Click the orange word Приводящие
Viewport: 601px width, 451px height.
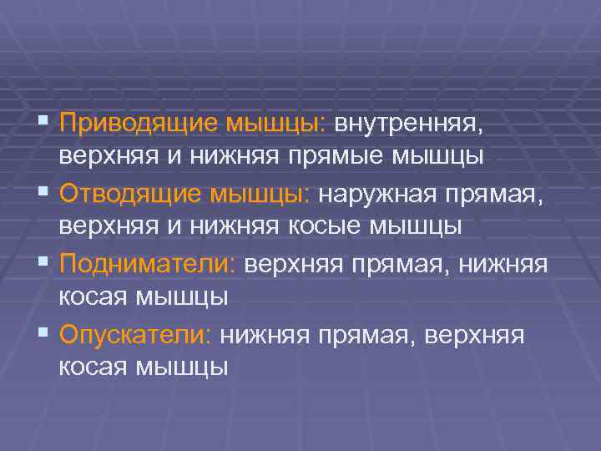(x=138, y=124)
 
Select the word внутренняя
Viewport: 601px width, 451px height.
(x=408, y=124)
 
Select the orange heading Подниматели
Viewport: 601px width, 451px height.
(x=149, y=264)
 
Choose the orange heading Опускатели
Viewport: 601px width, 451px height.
(x=137, y=334)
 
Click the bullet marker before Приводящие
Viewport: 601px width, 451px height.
(x=43, y=124)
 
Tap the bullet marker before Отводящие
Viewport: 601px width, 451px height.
(x=43, y=194)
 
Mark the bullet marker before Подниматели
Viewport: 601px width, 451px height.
(x=43, y=264)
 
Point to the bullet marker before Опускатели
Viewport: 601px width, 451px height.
(x=43, y=334)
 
